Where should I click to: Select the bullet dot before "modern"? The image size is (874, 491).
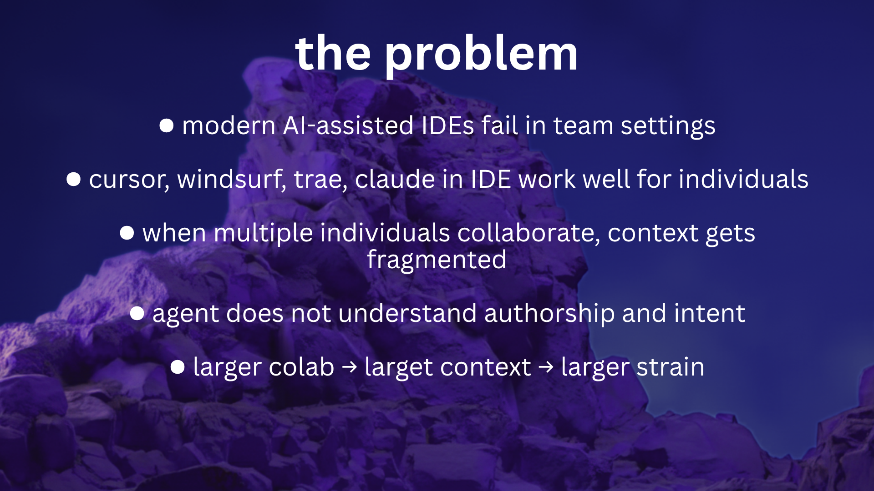(167, 126)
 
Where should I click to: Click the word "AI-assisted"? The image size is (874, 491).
(348, 125)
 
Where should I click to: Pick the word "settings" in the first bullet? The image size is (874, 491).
(668, 126)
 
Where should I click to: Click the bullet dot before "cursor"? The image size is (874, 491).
(74, 179)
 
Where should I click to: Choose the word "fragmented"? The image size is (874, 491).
(437, 260)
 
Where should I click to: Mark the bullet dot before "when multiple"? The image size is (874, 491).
(127, 233)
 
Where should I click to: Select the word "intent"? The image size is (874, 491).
(710, 313)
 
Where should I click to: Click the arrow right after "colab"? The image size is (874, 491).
(350, 367)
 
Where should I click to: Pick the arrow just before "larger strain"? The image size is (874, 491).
(546, 367)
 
